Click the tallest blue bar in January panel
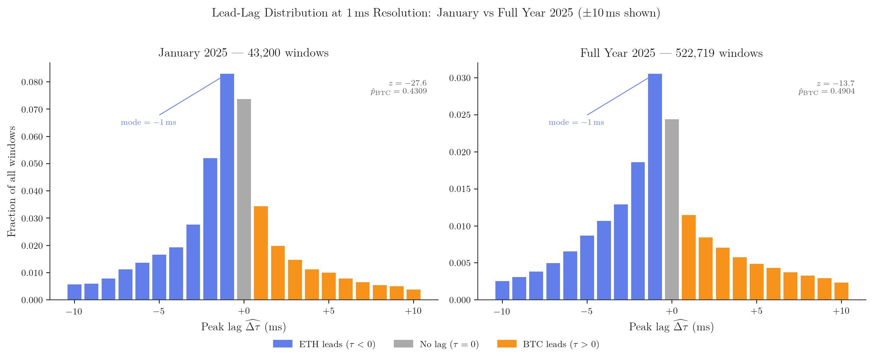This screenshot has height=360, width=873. pos(227,187)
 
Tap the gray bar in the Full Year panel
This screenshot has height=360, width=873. pos(672,210)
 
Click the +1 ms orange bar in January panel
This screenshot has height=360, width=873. pos(261,253)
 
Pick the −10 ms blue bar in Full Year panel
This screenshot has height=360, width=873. pos(502,290)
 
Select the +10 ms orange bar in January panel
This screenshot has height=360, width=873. pos(414,295)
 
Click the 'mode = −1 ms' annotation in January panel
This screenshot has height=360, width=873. pos(149,123)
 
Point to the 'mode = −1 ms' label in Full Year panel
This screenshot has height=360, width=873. pos(576,123)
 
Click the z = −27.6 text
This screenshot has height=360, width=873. pos(408,83)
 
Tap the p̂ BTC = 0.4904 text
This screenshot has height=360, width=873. pos(826,91)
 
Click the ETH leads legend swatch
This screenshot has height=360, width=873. pos(283,344)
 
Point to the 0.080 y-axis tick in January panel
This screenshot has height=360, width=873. pos(32,82)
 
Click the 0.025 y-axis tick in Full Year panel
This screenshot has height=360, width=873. pos(460,115)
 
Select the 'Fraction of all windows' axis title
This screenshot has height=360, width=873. pos(12,181)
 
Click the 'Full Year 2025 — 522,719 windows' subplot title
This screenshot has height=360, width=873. pos(671,53)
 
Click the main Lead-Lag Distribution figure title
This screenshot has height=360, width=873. pos(436,13)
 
